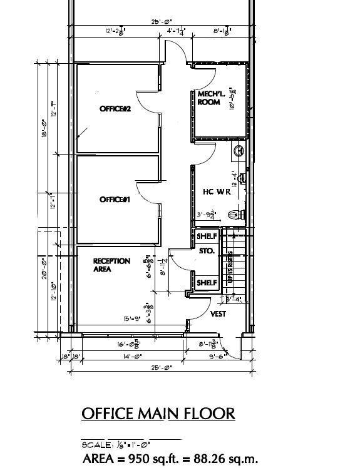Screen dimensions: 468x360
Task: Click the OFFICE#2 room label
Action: click(115, 109)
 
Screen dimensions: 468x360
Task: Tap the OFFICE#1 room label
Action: click(115, 200)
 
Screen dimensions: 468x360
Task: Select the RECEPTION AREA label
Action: click(111, 265)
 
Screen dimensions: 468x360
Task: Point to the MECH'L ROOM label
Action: click(208, 98)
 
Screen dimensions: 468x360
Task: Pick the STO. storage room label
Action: click(207, 251)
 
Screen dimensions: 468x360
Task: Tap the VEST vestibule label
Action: click(218, 314)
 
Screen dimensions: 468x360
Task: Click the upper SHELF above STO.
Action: click(207, 237)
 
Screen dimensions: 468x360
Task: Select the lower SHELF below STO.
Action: click(207, 283)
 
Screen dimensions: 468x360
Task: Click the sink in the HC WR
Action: click(239, 151)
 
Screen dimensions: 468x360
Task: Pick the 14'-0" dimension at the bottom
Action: click(132, 357)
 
